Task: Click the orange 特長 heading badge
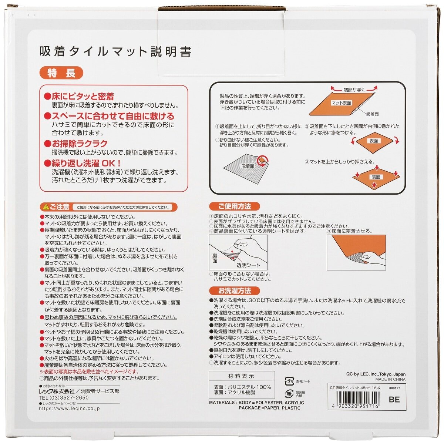click(x=61, y=73)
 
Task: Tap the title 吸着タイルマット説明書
click(x=115, y=51)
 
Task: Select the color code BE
click(x=394, y=399)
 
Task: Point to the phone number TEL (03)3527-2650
click(x=64, y=398)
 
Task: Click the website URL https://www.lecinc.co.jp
click(x=69, y=408)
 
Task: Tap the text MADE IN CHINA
click(x=390, y=379)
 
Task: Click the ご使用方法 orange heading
click(x=234, y=206)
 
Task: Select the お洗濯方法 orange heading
click(x=234, y=291)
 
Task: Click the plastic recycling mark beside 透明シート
click(x=289, y=381)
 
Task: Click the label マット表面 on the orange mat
click(x=341, y=103)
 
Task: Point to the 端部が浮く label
click(x=354, y=90)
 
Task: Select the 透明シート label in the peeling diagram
click(x=248, y=265)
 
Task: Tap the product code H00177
click(x=394, y=388)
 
